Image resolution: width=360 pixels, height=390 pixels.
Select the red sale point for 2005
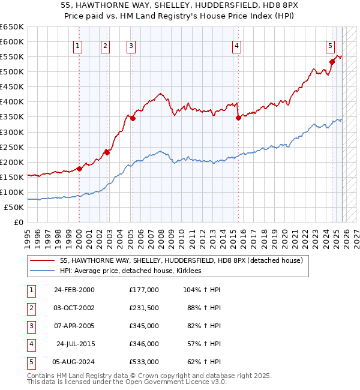[133, 118]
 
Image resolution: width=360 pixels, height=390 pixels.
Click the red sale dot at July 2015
[238, 118]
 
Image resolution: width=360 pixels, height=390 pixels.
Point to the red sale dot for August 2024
[332, 61]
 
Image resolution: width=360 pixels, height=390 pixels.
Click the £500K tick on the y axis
[12, 71]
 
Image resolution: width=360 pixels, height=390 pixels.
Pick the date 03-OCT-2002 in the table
[74, 308]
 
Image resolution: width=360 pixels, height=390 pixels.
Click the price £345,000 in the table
[143, 326]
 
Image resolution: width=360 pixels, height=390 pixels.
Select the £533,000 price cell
[143, 362]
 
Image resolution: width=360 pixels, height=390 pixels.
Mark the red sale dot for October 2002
[107, 152]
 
